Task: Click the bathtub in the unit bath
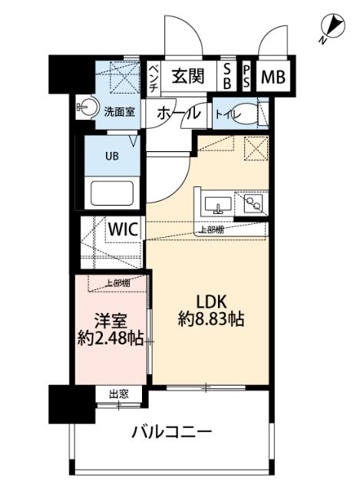coord(112,191)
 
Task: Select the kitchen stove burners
coord(252,203)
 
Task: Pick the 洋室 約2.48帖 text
coord(111,328)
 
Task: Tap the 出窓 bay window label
coord(118,394)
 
